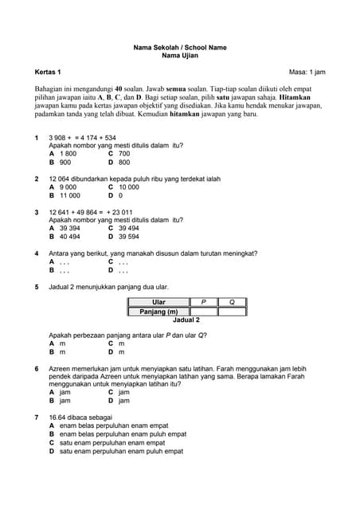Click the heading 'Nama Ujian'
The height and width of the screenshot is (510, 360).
pyautogui.click(x=179, y=57)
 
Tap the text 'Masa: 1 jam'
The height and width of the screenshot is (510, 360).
pyautogui.click(x=307, y=73)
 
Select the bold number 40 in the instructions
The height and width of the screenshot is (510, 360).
pyautogui.click(x=119, y=88)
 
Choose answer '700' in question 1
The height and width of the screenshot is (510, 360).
pyautogui.click(x=124, y=153)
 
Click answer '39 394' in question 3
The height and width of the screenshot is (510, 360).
pyautogui.click(x=70, y=228)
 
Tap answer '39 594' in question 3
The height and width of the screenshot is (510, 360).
pyautogui.click(x=128, y=237)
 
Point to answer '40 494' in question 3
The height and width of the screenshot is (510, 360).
pyautogui.click(x=70, y=237)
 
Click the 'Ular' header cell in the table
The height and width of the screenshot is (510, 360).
pyautogui.click(x=158, y=302)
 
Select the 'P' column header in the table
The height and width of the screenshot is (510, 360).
pyautogui.click(x=203, y=302)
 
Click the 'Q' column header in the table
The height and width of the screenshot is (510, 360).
pyautogui.click(x=232, y=302)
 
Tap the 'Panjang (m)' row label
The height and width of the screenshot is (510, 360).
pyautogui.click(x=158, y=312)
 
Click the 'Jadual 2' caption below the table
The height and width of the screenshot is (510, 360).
pyautogui.click(x=186, y=320)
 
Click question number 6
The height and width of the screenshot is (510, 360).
pyautogui.click(x=37, y=370)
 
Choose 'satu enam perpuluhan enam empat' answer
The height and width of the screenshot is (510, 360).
pyautogui.click(x=112, y=442)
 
